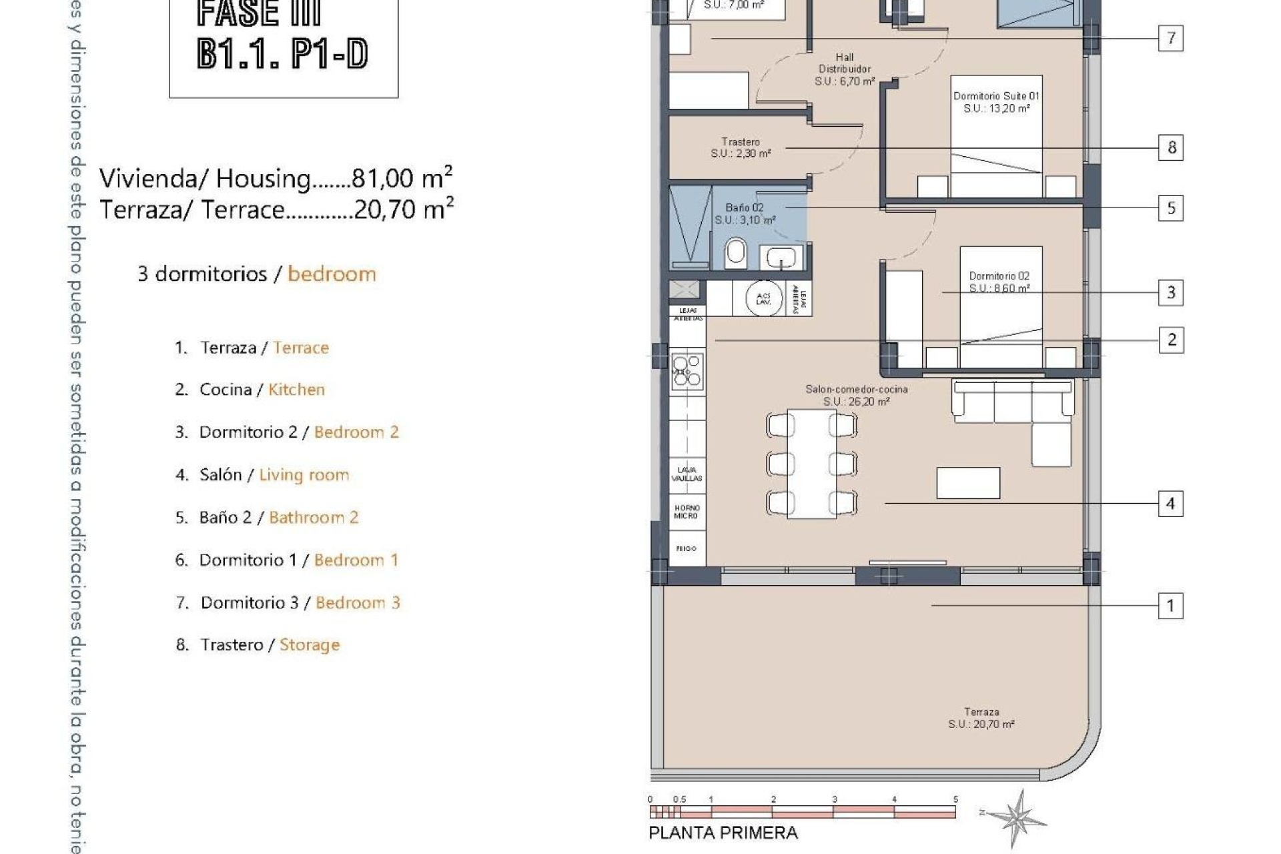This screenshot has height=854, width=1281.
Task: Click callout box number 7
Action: tap(1170, 38)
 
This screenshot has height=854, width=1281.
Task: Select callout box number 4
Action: tap(1170, 504)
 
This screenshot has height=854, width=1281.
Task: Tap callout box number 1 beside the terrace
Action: tap(1170, 606)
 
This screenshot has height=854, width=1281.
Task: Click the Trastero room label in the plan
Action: tap(741, 147)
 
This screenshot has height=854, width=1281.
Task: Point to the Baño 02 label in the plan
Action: tap(745, 213)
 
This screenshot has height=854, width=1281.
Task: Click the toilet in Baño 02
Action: tap(735, 252)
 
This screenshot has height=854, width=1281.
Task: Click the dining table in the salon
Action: tap(811, 464)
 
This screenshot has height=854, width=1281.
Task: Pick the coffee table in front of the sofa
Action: tap(968, 483)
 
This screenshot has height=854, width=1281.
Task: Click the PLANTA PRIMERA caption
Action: tap(723, 833)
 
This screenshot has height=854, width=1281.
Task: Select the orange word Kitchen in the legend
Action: tap(296, 390)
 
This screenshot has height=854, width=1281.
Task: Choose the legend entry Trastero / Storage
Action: tap(258, 645)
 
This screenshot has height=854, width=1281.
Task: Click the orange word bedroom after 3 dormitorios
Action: tap(332, 274)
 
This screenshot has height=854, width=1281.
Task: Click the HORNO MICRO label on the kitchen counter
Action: tap(687, 512)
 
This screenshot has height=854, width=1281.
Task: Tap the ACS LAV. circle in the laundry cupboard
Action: tap(763, 298)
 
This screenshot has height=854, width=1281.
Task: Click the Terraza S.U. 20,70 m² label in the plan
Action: tap(981, 718)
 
